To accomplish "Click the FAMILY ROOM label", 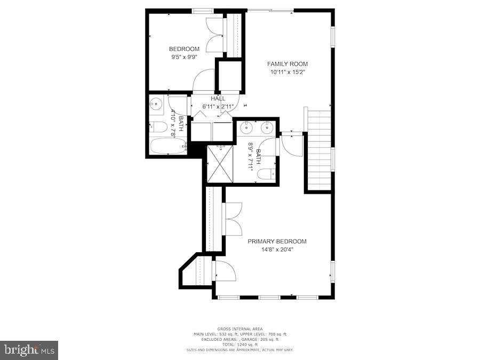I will click(x=287, y=64).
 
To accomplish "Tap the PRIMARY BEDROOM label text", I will click(x=277, y=242).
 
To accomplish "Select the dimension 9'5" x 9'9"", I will click(x=184, y=57).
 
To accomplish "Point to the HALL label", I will click(x=218, y=99).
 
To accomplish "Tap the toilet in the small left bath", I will click(x=158, y=127).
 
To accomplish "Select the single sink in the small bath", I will click(x=156, y=105).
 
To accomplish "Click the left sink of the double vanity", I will click(x=247, y=128).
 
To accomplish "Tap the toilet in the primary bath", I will click(x=266, y=174).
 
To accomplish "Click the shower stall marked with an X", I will click(x=219, y=164).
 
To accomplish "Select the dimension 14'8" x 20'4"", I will click(x=277, y=250).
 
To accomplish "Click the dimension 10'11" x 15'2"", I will click(x=287, y=72).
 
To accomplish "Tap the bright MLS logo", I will click(x=30, y=350).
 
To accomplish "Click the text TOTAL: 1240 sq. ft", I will click(x=240, y=344).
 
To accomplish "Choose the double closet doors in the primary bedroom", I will click(x=234, y=219).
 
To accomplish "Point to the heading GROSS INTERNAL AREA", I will click(x=240, y=329).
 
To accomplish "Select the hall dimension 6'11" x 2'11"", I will click(x=218, y=106).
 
